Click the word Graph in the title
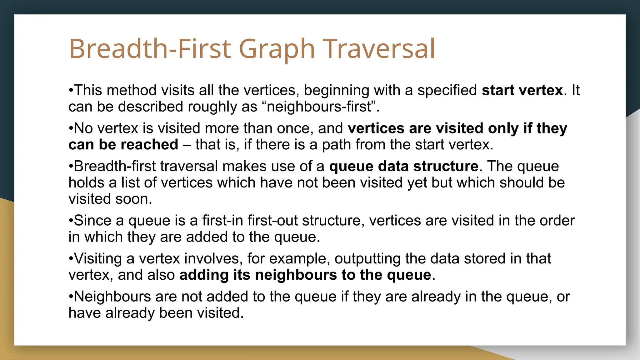(277, 49)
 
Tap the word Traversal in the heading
(379, 49)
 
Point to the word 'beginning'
(336, 90)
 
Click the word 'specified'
(447, 90)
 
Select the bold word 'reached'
(149, 145)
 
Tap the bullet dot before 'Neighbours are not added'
(71, 297)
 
